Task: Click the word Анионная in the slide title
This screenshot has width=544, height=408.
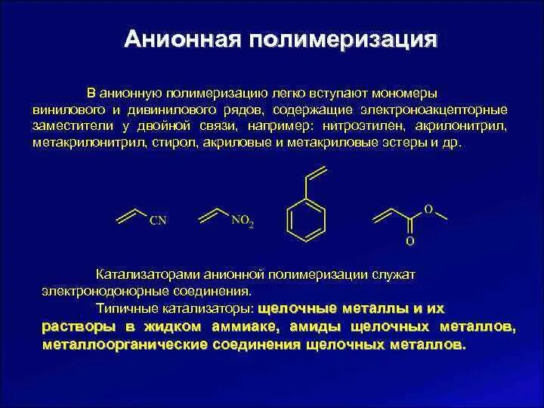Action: pyautogui.click(x=167, y=39)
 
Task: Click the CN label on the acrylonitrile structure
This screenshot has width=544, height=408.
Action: pyautogui.click(x=158, y=221)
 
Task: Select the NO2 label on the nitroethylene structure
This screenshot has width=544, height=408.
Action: pyautogui.click(x=242, y=221)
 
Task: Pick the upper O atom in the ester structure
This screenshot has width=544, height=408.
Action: pyautogui.click(x=427, y=209)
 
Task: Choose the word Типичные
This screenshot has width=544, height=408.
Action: pyautogui.click(x=122, y=308)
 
